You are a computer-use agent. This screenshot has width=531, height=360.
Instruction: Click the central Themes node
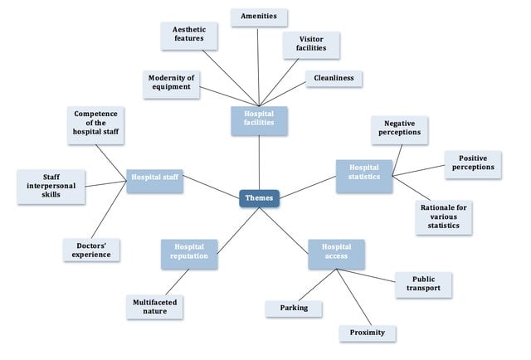259,197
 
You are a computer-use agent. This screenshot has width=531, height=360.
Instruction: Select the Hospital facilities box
259,120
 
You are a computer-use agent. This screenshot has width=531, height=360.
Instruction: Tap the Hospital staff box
155,177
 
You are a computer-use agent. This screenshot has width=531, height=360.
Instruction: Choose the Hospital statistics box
363,176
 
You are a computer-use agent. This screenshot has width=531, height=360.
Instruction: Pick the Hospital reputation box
189,254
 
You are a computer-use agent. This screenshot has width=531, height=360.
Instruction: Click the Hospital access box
336,254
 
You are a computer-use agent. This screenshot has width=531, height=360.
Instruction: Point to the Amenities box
259,17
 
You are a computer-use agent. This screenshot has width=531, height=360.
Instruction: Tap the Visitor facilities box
311,44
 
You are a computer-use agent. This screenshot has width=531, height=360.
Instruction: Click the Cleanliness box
334,79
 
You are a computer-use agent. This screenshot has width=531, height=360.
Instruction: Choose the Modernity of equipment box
172,85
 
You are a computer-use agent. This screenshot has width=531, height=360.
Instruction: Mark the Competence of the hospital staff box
95,124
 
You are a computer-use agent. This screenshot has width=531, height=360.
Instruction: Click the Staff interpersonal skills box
51,186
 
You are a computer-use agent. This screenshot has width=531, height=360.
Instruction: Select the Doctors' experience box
91,249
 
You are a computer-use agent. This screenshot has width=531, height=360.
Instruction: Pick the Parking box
293,309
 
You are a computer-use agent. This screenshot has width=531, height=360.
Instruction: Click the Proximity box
367,333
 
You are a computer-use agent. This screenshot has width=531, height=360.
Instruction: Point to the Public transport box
423,285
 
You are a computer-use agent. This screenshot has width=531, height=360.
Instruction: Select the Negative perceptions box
399,128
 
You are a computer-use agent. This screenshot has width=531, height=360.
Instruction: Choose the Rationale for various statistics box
444,217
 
